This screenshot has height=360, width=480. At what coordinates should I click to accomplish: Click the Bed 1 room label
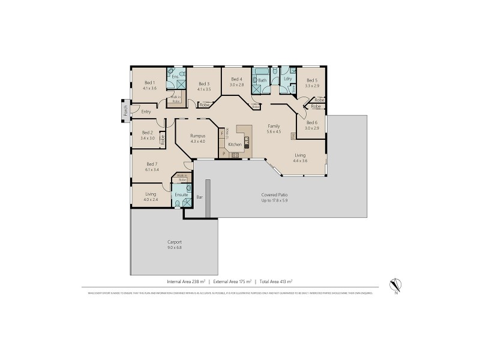coord(149,83)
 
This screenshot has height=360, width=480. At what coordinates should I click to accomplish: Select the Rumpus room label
coord(198,136)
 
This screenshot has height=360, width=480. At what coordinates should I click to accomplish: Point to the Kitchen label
coord(235,145)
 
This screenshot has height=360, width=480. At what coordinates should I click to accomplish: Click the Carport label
coord(175,242)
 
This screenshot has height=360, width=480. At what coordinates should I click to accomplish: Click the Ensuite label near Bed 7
coord(182,195)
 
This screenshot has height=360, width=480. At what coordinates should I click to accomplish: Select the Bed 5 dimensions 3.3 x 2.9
coord(312,86)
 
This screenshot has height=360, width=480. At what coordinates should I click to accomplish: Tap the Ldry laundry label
coord(288,79)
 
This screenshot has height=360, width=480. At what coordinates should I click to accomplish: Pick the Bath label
coord(262,79)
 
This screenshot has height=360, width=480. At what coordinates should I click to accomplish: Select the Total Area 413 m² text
coord(276,281)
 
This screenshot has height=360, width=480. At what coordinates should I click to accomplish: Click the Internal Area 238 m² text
coord(186,281)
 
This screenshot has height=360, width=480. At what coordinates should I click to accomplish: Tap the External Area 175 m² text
coord(231,281)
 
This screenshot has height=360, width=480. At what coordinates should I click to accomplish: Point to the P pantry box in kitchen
coord(224,154)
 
